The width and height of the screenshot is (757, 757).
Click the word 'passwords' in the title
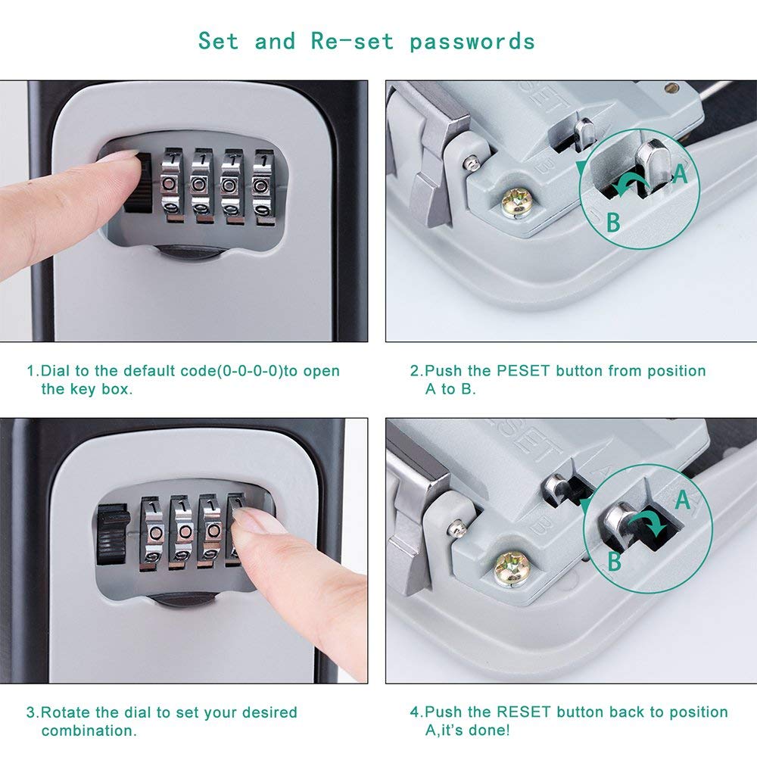[x=472, y=41]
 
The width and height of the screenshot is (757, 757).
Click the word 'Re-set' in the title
[x=352, y=41]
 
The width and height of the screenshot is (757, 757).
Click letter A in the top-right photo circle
[x=680, y=174]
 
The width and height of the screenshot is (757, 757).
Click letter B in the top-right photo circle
[x=613, y=222]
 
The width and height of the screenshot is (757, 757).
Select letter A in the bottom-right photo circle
[x=682, y=500]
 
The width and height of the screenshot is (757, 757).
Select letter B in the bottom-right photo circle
[x=615, y=561]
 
